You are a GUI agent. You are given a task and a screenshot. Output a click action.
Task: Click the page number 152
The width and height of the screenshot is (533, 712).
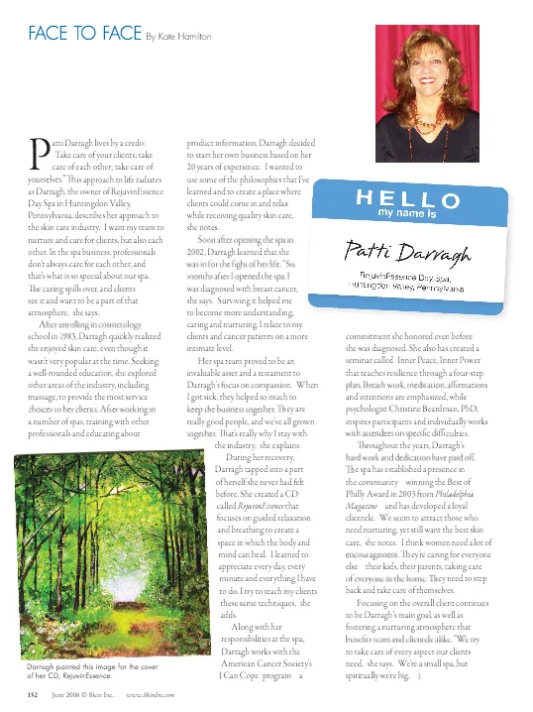33,697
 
